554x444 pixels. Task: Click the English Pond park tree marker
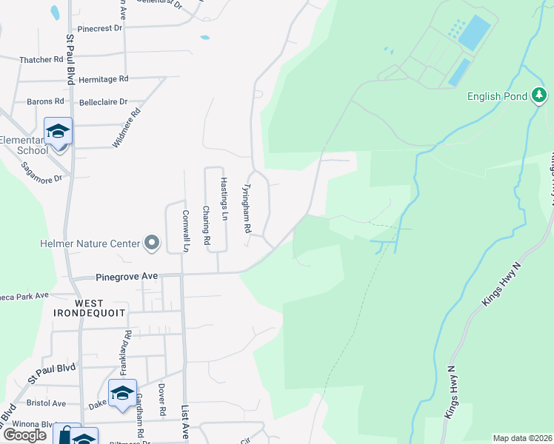point(541,96)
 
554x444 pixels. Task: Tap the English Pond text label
point(497,96)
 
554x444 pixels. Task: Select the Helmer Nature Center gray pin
point(152,243)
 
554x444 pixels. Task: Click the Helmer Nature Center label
point(90,243)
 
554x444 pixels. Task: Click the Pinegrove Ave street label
point(127,276)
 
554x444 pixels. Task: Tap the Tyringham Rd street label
point(247,209)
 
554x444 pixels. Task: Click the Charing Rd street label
point(207,226)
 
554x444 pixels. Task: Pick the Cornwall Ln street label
point(186,231)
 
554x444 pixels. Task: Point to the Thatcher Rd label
point(42,59)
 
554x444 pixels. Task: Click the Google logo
point(24,435)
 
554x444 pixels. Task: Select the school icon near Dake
point(122,393)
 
